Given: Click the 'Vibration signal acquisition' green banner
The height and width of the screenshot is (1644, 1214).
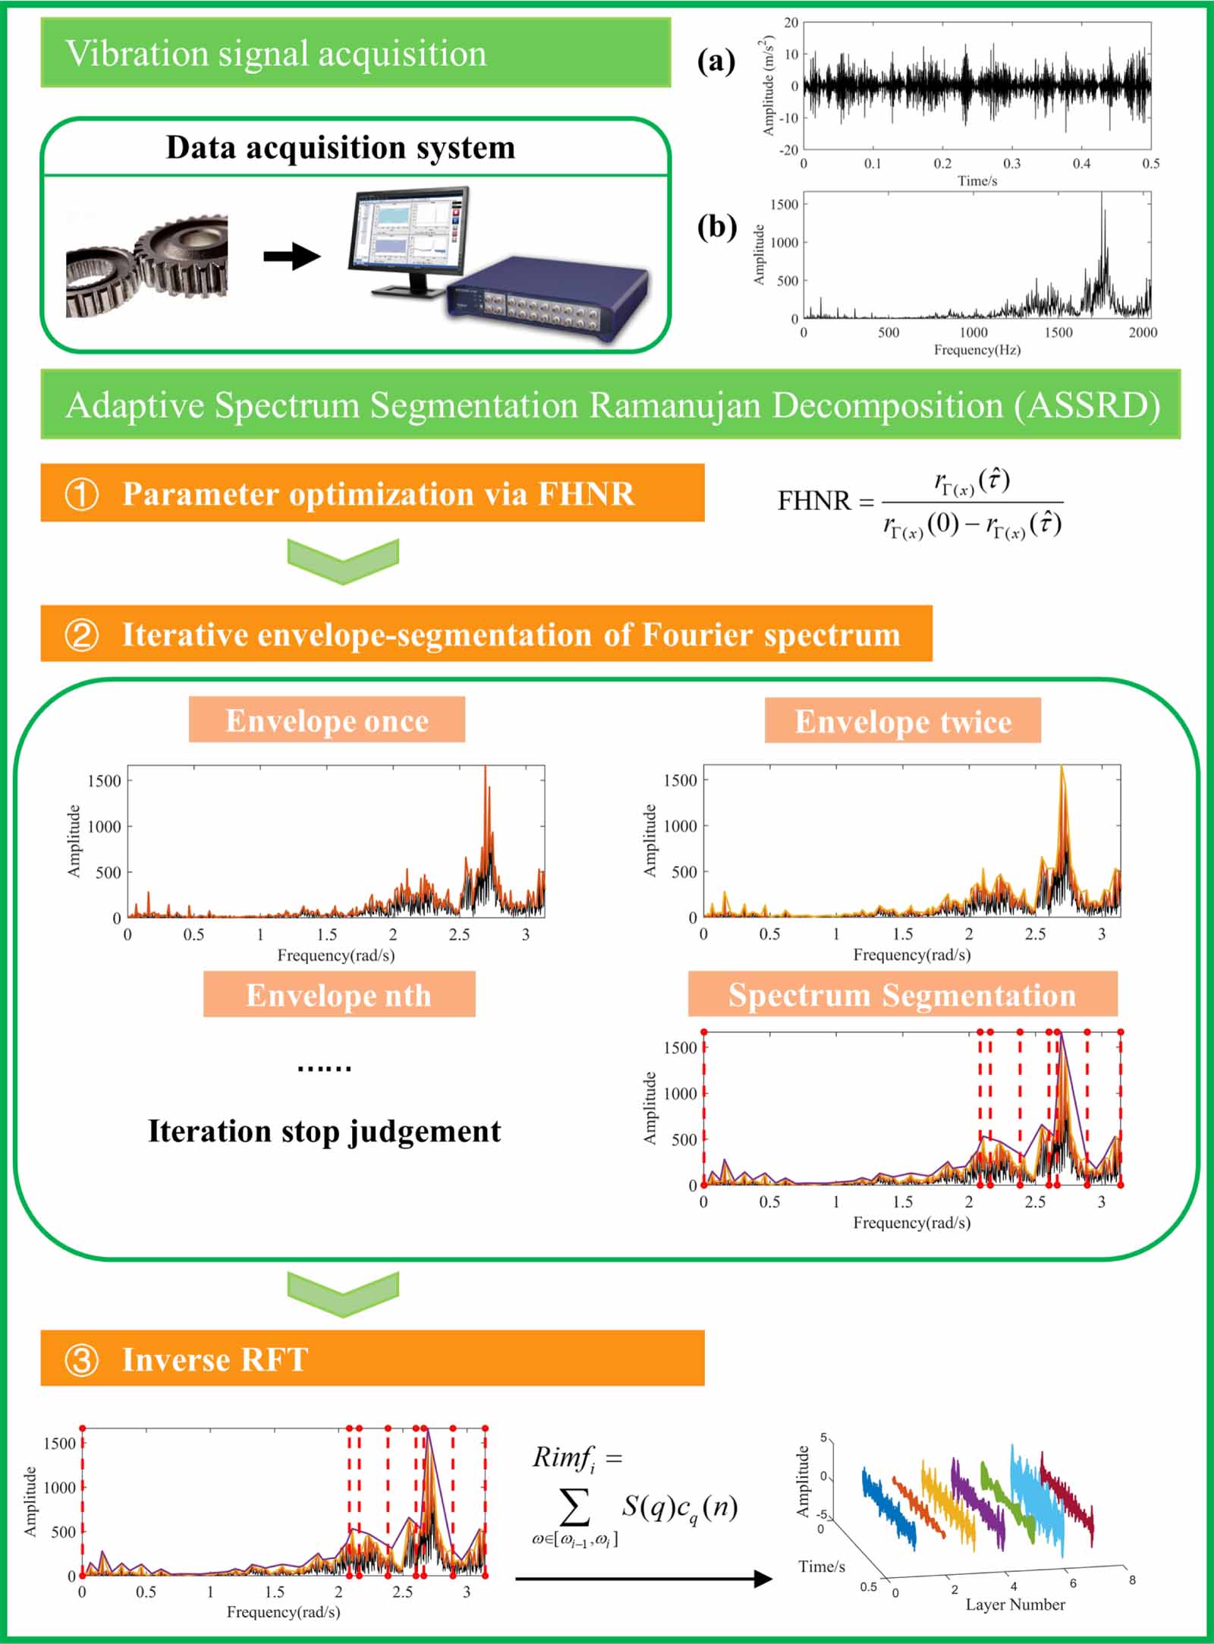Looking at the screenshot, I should [x=355, y=53].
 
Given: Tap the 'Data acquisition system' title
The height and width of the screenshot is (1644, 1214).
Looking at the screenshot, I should [x=340, y=147].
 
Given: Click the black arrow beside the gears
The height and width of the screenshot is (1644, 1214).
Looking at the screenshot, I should [x=292, y=256].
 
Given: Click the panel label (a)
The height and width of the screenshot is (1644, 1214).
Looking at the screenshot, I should [x=716, y=61].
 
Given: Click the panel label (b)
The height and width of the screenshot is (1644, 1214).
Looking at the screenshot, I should [x=716, y=227].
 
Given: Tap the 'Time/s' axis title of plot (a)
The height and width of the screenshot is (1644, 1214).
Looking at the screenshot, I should [x=977, y=181].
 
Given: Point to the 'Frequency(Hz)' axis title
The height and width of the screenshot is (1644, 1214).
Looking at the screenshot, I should [x=977, y=350].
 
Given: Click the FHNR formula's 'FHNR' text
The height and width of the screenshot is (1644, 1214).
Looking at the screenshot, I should [x=814, y=501].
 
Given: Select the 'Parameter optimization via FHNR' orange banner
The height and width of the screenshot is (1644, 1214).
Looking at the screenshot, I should [x=372, y=493].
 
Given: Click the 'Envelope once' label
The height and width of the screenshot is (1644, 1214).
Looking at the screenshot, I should [x=327, y=720].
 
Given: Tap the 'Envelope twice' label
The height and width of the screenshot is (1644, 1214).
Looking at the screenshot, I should [x=903, y=721].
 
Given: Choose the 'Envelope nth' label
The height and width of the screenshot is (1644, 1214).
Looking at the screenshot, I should [x=338, y=995].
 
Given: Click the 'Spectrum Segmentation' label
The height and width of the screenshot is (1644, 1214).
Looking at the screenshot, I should [x=902, y=994].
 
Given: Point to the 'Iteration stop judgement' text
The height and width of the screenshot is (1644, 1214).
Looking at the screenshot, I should [x=324, y=1131].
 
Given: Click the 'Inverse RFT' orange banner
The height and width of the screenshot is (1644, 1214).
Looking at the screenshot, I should [x=372, y=1359].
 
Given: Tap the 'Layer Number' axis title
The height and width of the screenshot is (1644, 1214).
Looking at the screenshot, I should [x=1015, y=1605].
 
